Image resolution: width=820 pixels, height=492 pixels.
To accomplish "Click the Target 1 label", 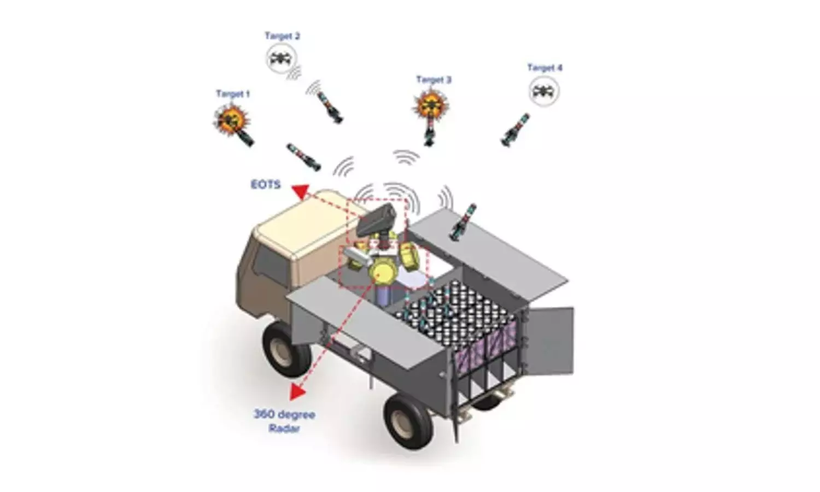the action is point(233,94).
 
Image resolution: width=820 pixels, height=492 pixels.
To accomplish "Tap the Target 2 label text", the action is point(282,36).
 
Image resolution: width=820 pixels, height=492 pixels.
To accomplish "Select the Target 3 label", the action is point(434,80).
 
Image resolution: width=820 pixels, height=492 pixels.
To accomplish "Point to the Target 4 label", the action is point(544,68).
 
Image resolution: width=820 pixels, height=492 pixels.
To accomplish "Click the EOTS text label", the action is point(266,185).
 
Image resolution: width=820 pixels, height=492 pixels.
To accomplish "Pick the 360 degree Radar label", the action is point(284,421).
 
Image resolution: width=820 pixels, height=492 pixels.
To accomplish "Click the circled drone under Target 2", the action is point(281,58).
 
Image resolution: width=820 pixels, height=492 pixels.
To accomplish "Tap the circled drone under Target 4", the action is point(544,91).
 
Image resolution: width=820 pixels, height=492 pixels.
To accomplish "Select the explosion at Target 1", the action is point(231,120).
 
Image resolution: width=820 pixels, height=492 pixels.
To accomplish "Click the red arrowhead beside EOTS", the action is point(300,191).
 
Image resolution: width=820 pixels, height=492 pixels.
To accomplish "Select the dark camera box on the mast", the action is point(376,220).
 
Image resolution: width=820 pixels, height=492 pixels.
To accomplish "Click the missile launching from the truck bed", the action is point(463,222).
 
